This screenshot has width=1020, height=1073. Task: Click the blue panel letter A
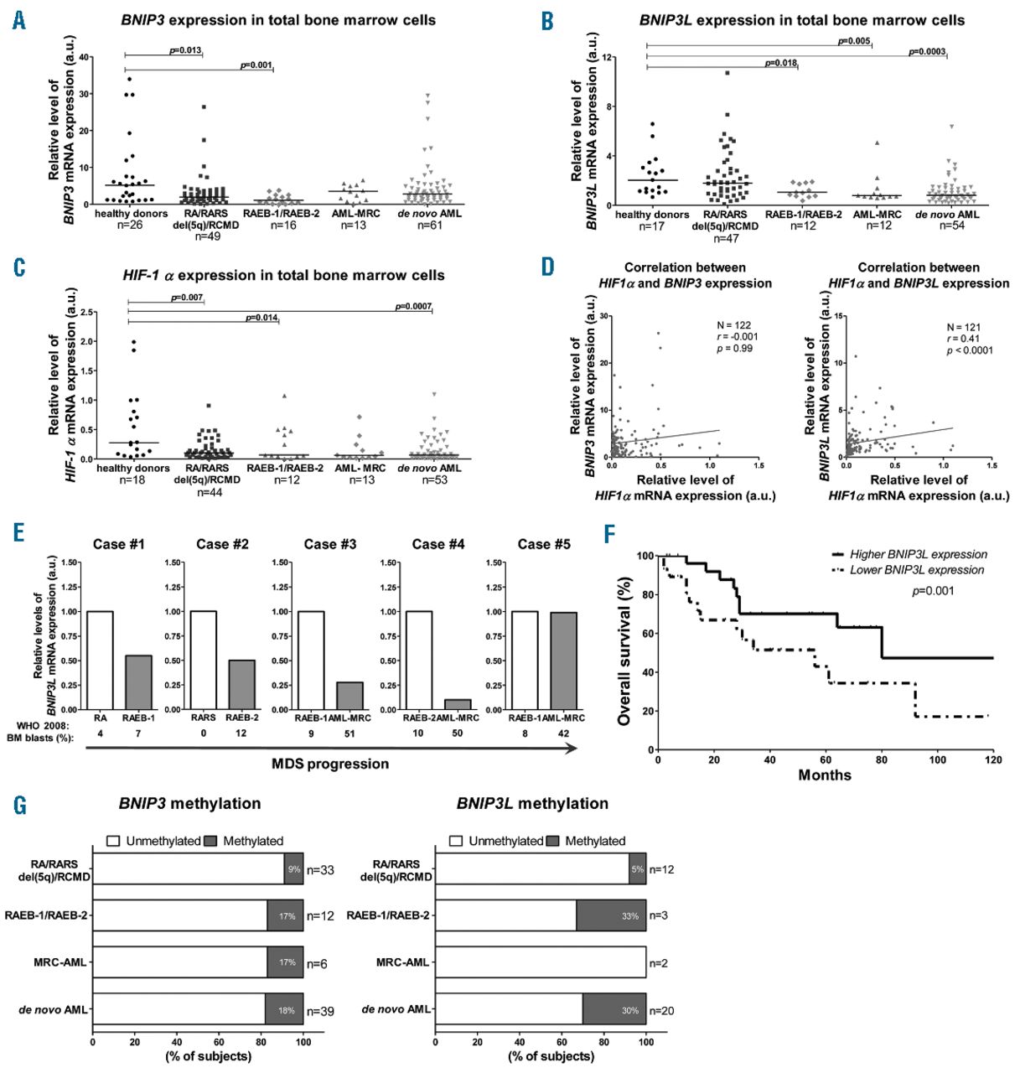pos(19,20)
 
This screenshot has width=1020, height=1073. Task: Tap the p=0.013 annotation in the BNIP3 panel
pos(185,50)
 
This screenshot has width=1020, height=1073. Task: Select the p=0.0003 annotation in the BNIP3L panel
pos(927,52)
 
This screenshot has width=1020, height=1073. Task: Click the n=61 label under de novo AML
pos(432,225)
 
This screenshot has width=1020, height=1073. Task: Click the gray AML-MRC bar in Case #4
pos(458,704)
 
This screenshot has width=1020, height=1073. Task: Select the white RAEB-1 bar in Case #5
pos(525,661)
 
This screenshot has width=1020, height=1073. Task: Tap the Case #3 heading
pos(330,544)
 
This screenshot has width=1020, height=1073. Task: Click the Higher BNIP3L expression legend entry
pos(918,554)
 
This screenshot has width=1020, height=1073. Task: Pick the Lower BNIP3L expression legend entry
pos(917,570)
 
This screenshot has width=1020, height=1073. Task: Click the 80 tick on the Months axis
pos(882,760)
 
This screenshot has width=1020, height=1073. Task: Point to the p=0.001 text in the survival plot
pos(933,591)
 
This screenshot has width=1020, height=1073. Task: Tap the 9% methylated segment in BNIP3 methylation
pos(293,869)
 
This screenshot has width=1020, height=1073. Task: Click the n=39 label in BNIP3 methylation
pos(320,1011)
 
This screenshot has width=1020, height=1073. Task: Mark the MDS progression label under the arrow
pos(330,764)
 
